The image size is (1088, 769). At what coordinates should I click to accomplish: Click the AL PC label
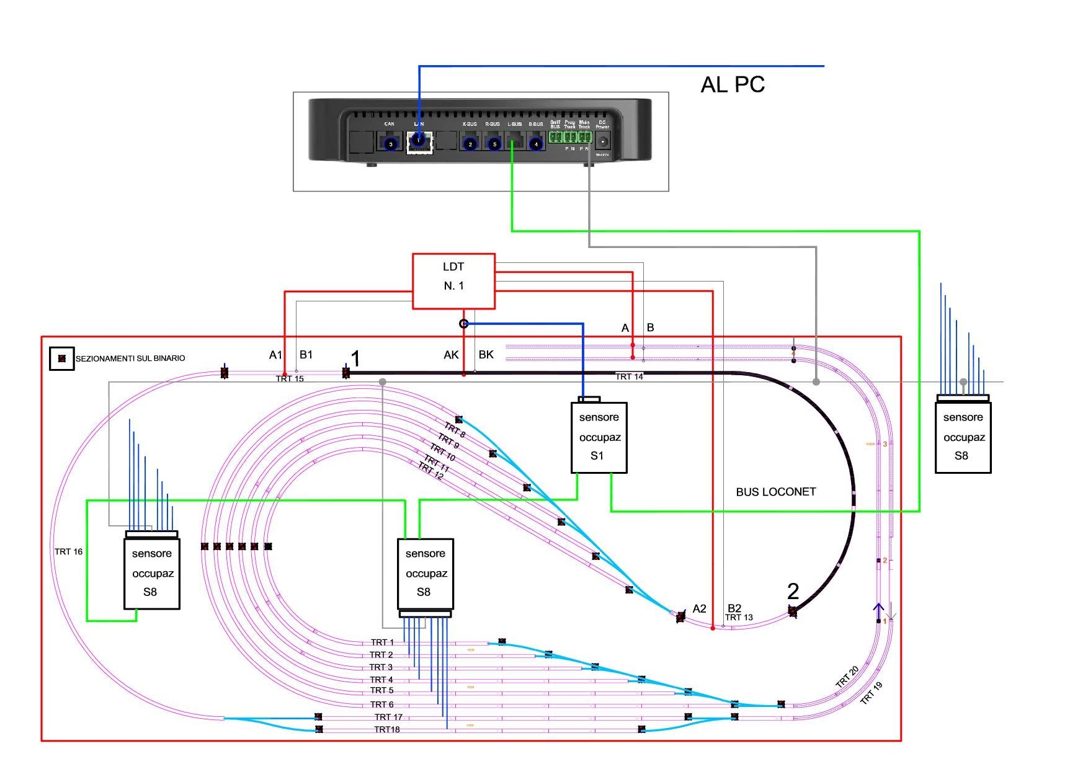point(732,84)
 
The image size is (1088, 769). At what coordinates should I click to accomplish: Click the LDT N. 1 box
point(453,281)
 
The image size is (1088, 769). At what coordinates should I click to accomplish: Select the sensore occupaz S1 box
point(599,437)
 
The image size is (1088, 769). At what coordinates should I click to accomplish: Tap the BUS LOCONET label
point(775,492)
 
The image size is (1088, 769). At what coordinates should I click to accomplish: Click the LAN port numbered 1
point(418,141)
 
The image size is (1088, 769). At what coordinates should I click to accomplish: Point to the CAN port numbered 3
point(390,144)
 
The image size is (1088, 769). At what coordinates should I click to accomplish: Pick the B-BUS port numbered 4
point(536,144)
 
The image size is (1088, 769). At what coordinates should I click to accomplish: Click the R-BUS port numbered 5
point(494,144)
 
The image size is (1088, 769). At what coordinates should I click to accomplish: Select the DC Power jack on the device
point(602,141)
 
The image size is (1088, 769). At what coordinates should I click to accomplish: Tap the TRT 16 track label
point(68,551)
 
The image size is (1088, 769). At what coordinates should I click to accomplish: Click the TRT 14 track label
point(629,377)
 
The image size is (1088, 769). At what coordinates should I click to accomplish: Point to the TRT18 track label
point(386,729)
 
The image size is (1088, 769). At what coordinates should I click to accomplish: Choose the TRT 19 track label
point(871,693)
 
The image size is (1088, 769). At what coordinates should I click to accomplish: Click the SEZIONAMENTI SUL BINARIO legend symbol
point(61,358)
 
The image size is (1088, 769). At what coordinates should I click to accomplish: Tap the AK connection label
point(451,355)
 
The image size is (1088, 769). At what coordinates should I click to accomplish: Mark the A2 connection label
point(699,608)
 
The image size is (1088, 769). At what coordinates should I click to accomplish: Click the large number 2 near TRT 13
point(793,591)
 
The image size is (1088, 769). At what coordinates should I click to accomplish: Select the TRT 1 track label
point(382,642)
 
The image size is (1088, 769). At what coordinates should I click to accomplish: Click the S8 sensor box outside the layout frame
point(963,437)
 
